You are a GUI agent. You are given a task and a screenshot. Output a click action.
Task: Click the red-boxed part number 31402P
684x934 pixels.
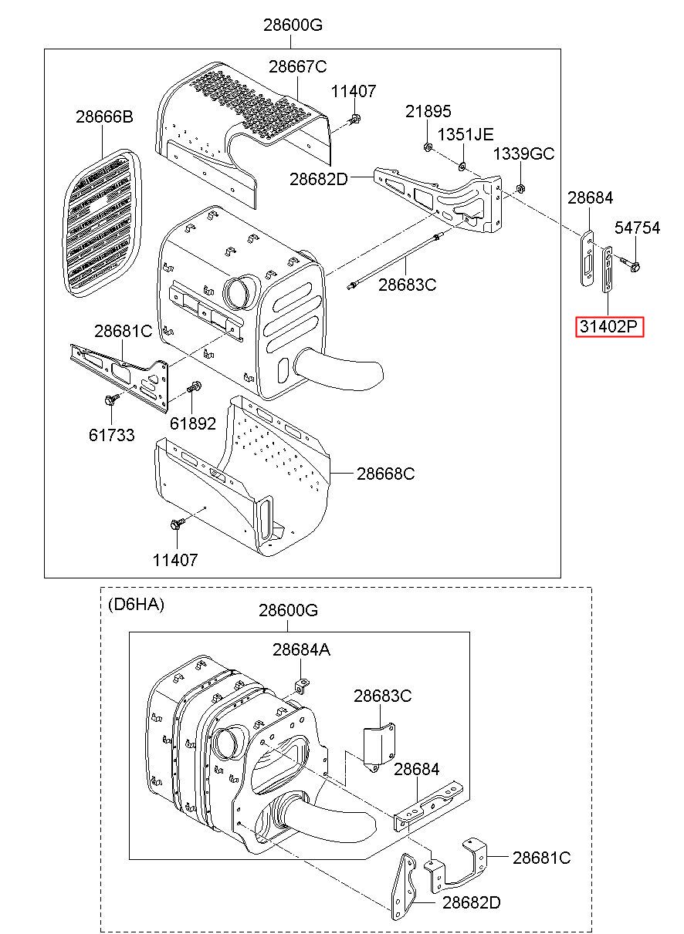pyautogui.click(x=609, y=327)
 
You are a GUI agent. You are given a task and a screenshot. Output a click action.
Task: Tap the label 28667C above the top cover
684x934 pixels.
pyautogui.click(x=298, y=66)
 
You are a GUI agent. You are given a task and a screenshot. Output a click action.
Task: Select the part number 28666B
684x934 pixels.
pyautogui.click(x=104, y=117)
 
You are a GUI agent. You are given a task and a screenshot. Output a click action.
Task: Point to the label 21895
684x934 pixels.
pyautogui.click(x=428, y=112)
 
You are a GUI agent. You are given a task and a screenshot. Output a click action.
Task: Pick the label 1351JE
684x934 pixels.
pyautogui.click(x=465, y=134)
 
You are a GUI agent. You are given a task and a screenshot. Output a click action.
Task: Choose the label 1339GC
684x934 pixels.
pyautogui.click(x=523, y=154)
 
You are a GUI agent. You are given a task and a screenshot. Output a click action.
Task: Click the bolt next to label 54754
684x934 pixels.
pyautogui.click(x=635, y=267)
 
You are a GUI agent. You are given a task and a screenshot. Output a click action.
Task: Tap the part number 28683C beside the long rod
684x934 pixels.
pyautogui.click(x=407, y=285)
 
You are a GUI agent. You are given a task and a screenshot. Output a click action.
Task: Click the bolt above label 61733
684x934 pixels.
pyautogui.click(x=109, y=400)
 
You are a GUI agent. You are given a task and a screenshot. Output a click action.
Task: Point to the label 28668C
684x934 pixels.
pyautogui.click(x=385, y=474)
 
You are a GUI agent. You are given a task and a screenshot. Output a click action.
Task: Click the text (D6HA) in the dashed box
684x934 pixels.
pyautogui.click(x=136, y=605)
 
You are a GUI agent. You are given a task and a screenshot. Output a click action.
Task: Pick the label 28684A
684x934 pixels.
pyautogui.click(x=301, y=650)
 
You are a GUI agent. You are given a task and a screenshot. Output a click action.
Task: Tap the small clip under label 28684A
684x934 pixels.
pyautogui.click(x=303, y=683)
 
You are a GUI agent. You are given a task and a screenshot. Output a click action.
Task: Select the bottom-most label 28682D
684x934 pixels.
pyautogui.click(x=471, y=902)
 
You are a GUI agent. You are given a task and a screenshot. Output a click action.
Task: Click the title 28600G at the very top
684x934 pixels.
pyautogui.click(x=293, y=25)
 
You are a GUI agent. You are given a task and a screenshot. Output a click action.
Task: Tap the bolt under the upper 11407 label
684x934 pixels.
pyautogui.click(x=355, y=120)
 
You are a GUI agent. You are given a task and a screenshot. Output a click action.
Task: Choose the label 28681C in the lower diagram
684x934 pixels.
pyautogui.click(x=542, y=857)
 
